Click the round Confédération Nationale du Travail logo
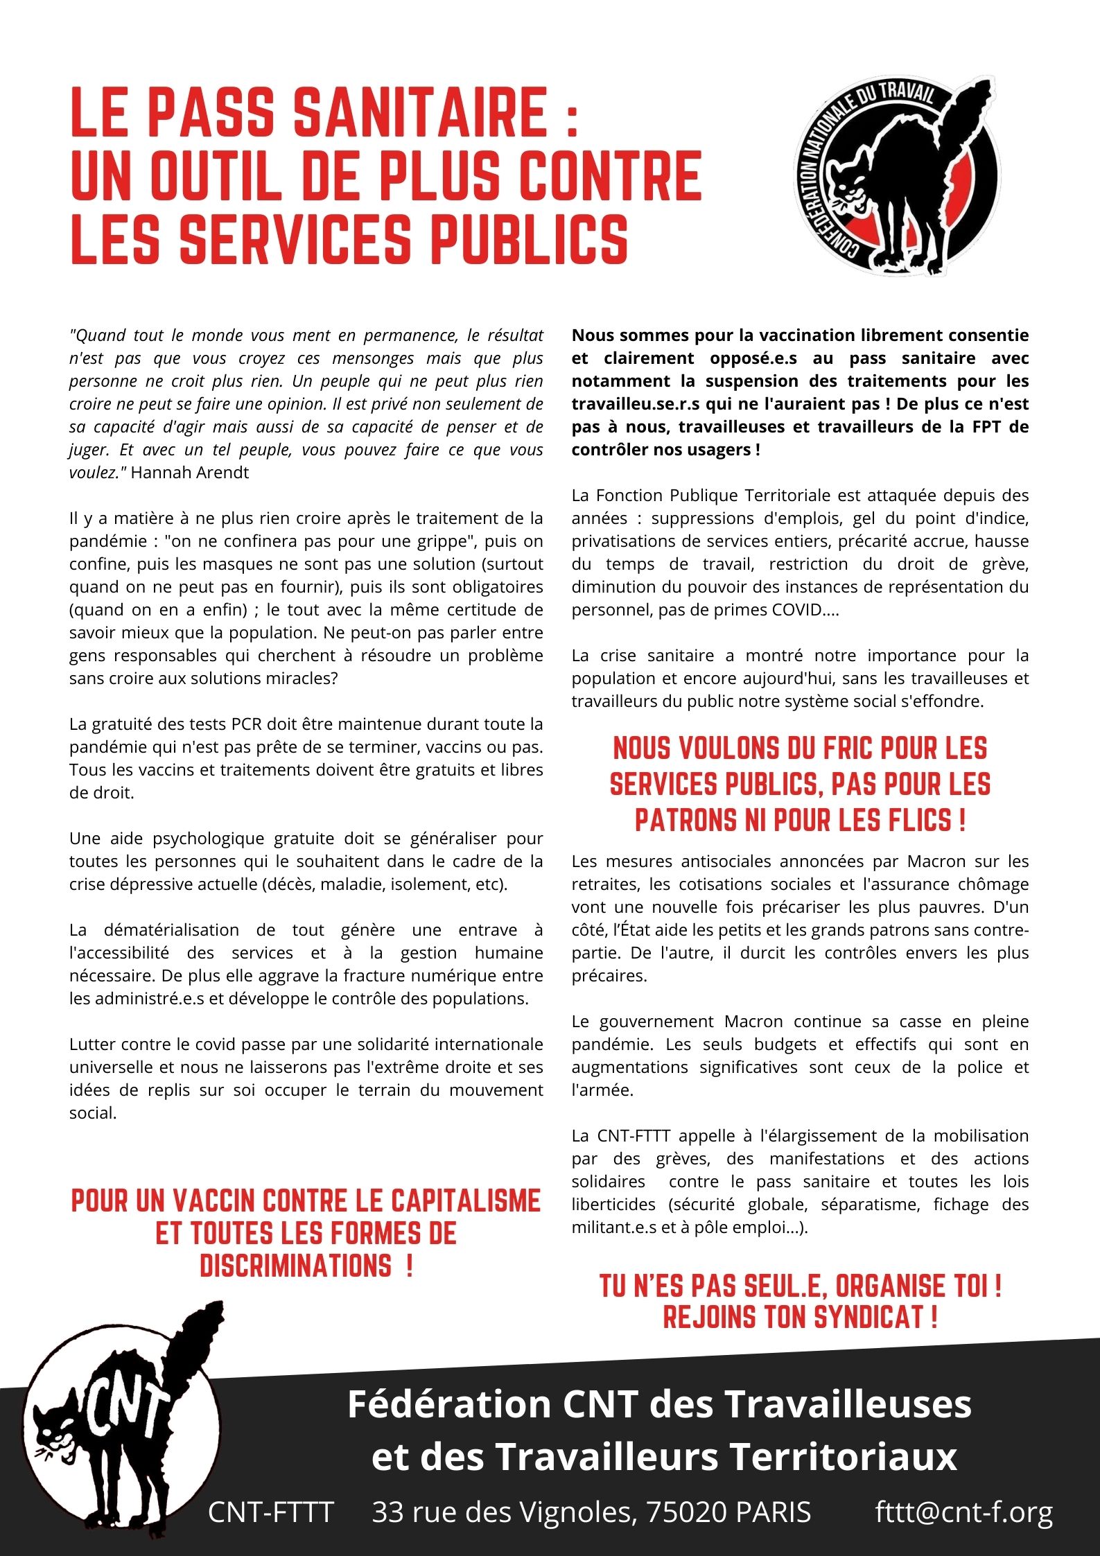[896, 177]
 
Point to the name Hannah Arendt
[190, 473]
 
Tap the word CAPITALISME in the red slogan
[464, 1201]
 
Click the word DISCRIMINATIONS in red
[296, 1266]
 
